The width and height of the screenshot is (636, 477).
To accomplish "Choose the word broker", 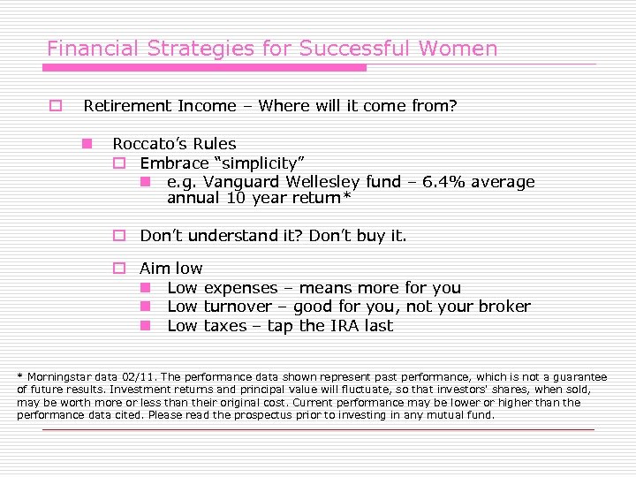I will pyautogui.click(x=504, y=307).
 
